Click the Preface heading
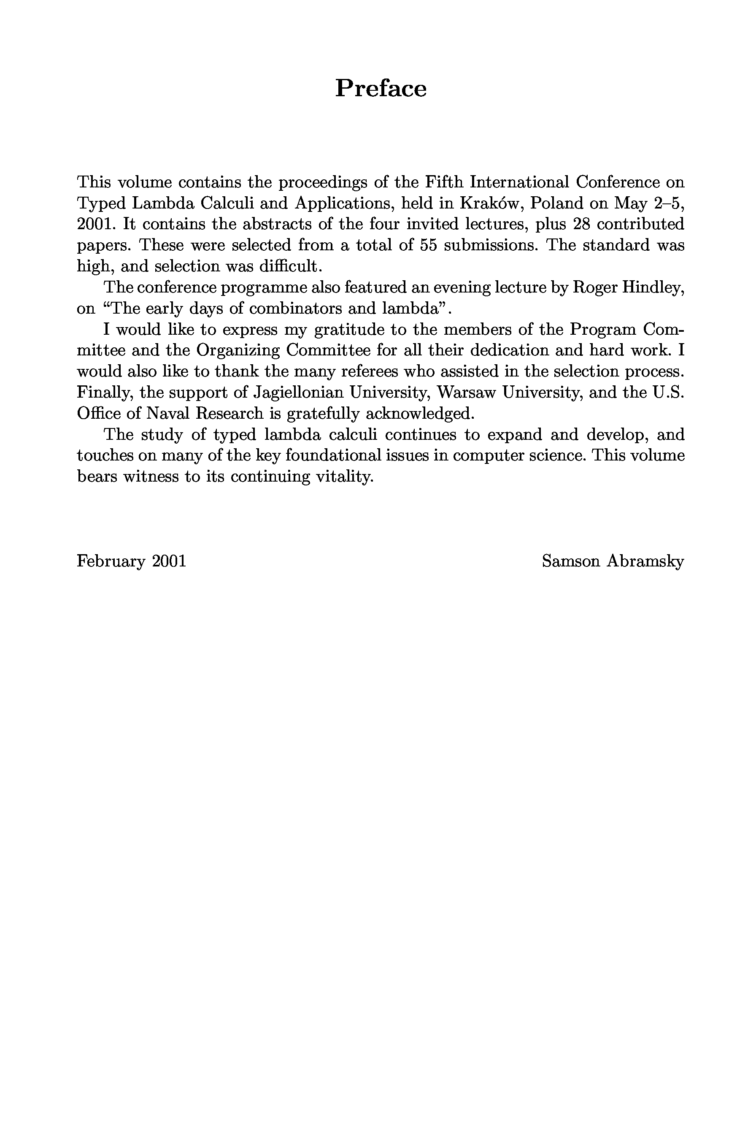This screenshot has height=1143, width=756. tap(381, 89)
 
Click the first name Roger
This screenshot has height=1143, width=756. tap(594, 287)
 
